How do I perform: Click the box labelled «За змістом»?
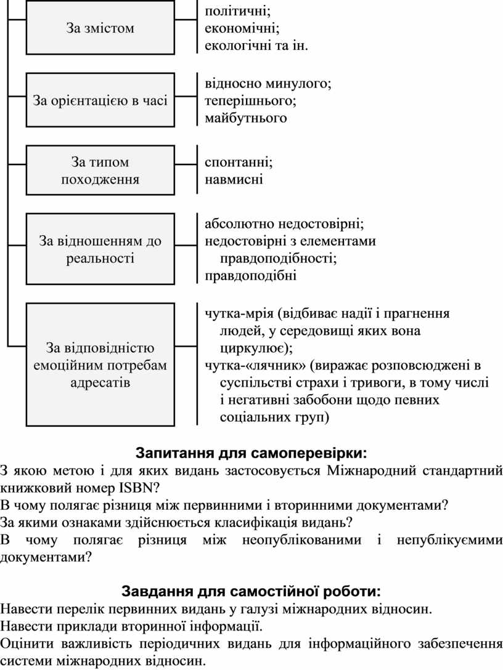[100, 27]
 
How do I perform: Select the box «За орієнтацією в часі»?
[100, 100]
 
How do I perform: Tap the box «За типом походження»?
[100, 170]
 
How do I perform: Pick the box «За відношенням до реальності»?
[100, 249]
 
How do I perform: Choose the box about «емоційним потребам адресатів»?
[100, 365]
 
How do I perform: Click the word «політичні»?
[237, 11]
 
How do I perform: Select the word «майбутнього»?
[245, 118]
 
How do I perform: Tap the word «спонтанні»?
[239, 163]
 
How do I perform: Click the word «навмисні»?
[234, 179]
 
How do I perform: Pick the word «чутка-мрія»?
[239, 313]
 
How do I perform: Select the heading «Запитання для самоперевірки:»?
[251, 453]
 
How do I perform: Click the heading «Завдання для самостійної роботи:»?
[251, 591]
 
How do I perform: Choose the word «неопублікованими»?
[301, 540]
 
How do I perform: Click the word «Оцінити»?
[27, 644]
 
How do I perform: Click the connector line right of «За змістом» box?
[186, 20]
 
